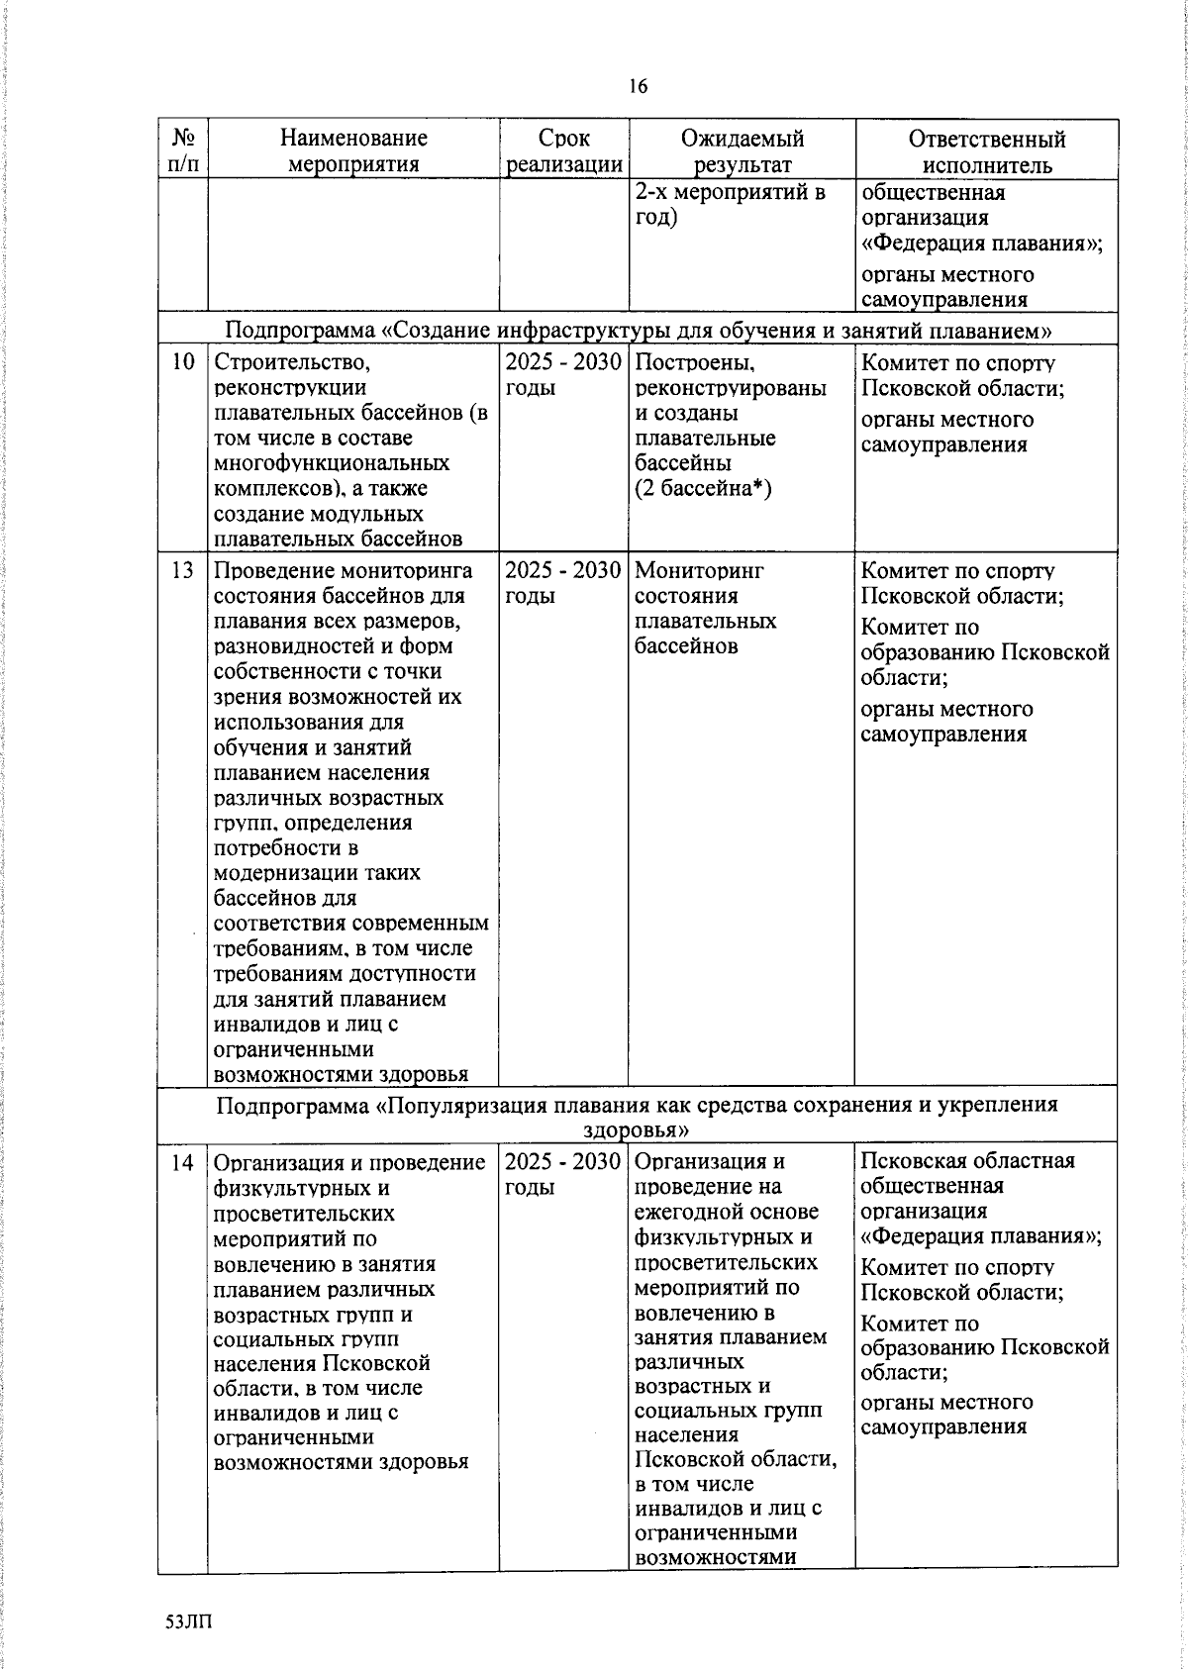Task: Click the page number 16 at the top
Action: point(638,87)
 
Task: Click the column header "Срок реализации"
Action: point(563,151)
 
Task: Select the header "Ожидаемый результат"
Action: point(742,151)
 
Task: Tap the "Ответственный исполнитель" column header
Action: point(986,151)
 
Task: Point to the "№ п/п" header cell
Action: point(182,150)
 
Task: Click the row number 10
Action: point(182,362)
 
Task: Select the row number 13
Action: point(182,571)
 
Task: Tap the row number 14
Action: point(182,1162)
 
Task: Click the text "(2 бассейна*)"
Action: point(702,488)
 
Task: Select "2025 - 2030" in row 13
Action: point(562,571)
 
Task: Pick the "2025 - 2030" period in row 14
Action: point(562,1162)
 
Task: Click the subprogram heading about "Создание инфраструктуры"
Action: point(639,330)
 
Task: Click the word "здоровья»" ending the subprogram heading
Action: point(636,1129)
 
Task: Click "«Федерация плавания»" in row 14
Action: point(980,1235)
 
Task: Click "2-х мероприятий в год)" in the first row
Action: point(730,204)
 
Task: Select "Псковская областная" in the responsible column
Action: point(967,1161)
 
